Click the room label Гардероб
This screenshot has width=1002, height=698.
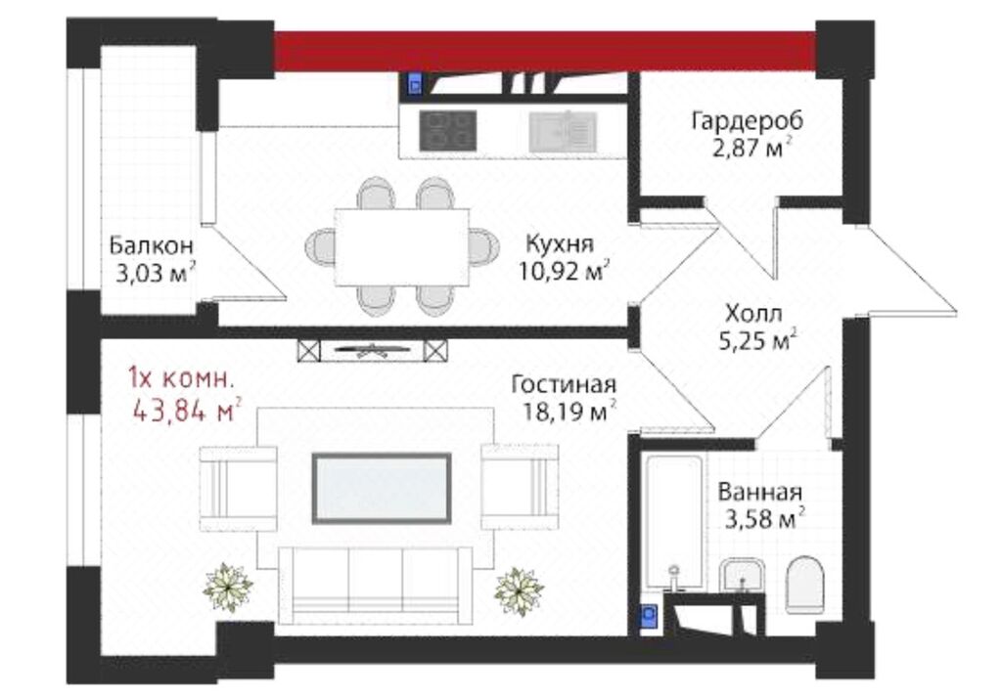tap(747, 120)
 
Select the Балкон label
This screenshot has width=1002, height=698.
tap(151, 245)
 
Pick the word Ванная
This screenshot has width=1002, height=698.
tap(759, 493)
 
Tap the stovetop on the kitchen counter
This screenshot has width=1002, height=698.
tap(447, 131)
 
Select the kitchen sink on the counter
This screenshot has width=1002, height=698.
tap(563, 131)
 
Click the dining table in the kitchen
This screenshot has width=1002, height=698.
tap(402, 247)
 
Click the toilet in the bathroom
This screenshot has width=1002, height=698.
tap(805, 584)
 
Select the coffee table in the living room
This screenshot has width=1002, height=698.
tap(382, 489)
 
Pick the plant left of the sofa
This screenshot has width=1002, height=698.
tap(227, 587)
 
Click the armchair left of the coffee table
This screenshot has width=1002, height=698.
tap(239, 489)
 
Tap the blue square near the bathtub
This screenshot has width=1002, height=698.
tap(650, 617)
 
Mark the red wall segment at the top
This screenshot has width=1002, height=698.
tap(545, 51)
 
